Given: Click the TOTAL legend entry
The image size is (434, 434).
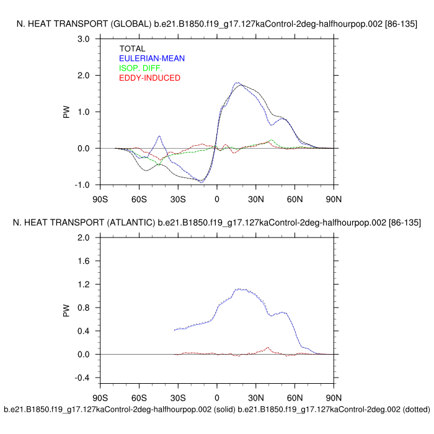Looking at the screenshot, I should [132, 49].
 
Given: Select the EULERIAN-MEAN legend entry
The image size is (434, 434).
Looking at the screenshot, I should [151, 58].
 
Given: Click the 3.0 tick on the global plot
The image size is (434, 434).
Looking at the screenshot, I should [84, 39].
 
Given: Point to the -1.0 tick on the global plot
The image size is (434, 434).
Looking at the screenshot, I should [82, 185].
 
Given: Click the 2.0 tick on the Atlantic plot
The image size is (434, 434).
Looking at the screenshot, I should [84, 238].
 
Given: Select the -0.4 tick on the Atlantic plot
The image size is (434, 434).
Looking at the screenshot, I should [82, 378].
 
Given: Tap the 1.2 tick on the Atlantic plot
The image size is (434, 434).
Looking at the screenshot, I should [84, 285].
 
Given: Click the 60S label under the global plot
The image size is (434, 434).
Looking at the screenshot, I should [139, 199].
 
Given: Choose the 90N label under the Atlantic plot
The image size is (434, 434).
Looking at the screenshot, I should [334, 397].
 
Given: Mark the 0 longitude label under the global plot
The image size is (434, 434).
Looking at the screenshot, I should [217, 199].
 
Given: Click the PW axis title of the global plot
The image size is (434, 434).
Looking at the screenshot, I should [66, 112].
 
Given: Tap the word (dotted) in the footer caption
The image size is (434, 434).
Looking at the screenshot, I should [409, 410].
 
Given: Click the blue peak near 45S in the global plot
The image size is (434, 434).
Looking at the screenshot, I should [159, 136].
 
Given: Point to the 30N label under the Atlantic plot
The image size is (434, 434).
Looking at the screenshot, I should [256, 397].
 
